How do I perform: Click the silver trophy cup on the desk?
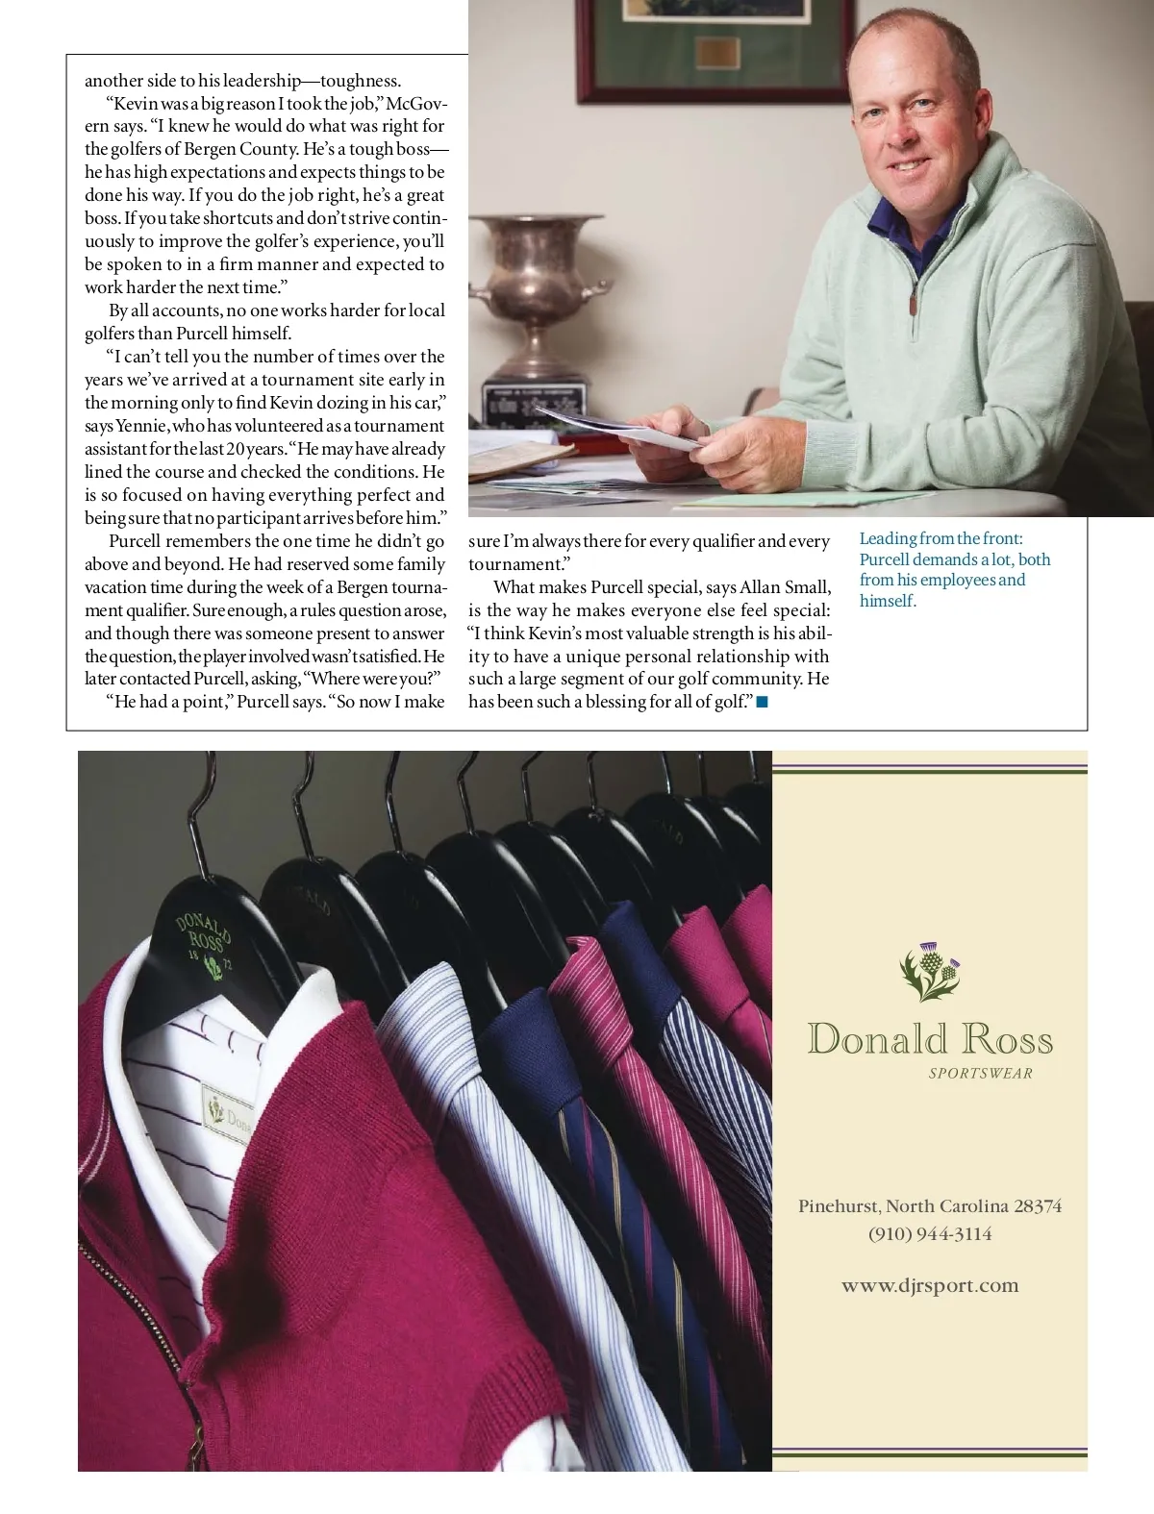click(x=533, y=288)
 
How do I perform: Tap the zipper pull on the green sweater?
click(x=914, y=305)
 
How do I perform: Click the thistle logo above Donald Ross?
click(x=930, y=970)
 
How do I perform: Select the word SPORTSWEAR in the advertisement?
click(x=980, y=1074)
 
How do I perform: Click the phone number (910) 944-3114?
click(x=930, y=1233)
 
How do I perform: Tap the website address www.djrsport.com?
click(x=930, y=1285)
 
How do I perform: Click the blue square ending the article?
click(x=762, y=703)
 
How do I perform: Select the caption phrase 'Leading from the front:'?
click(x=941, y=539)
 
